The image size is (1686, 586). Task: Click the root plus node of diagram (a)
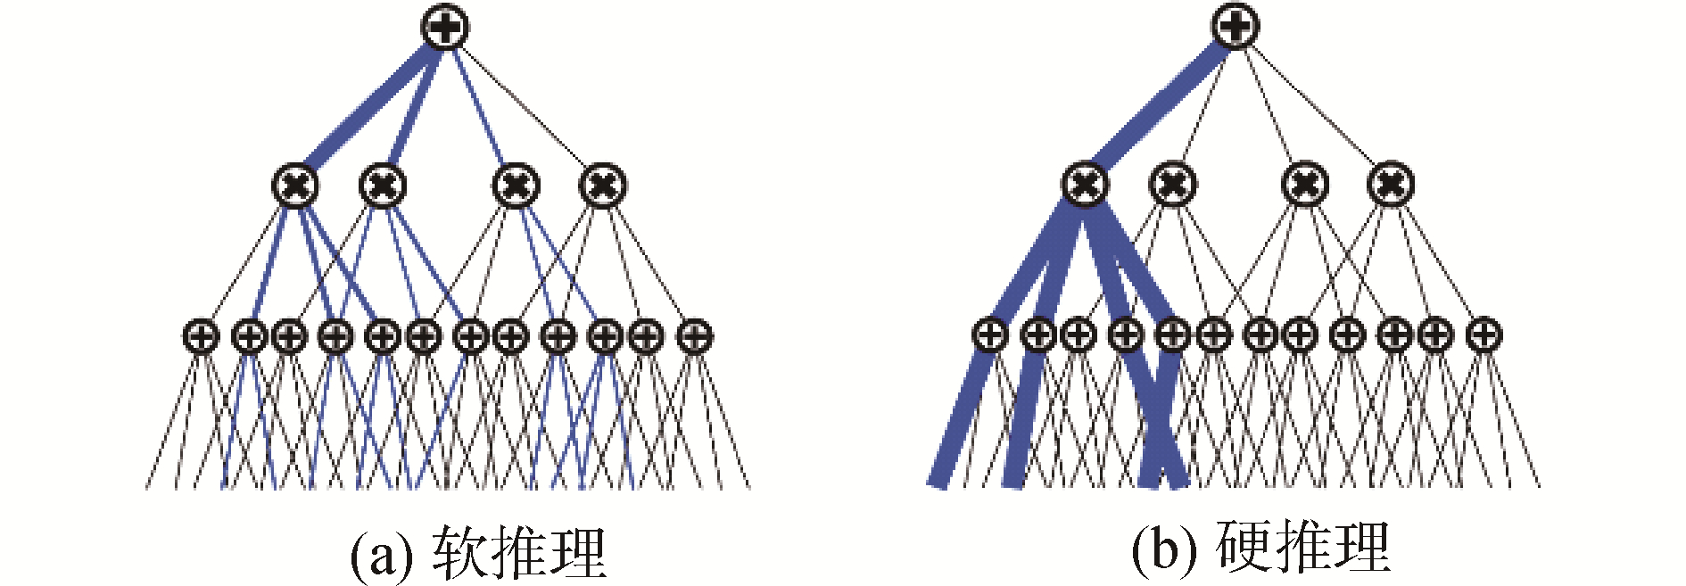444,27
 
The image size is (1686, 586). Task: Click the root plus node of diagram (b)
1236,26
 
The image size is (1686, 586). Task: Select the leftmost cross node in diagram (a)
295,186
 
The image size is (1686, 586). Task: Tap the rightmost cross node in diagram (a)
603,186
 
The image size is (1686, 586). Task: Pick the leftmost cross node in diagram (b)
1085,185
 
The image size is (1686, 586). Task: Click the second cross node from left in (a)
383,186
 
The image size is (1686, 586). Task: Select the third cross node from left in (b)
1304,185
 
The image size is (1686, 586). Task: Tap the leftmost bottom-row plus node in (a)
201,337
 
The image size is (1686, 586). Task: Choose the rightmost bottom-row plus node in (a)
694,337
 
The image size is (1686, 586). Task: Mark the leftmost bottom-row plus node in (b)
989,335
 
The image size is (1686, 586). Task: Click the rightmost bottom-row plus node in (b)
1484,335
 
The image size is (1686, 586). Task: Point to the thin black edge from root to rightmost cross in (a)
526,107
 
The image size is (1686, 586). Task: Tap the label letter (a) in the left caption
382,556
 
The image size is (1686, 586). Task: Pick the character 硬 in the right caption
1243,547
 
